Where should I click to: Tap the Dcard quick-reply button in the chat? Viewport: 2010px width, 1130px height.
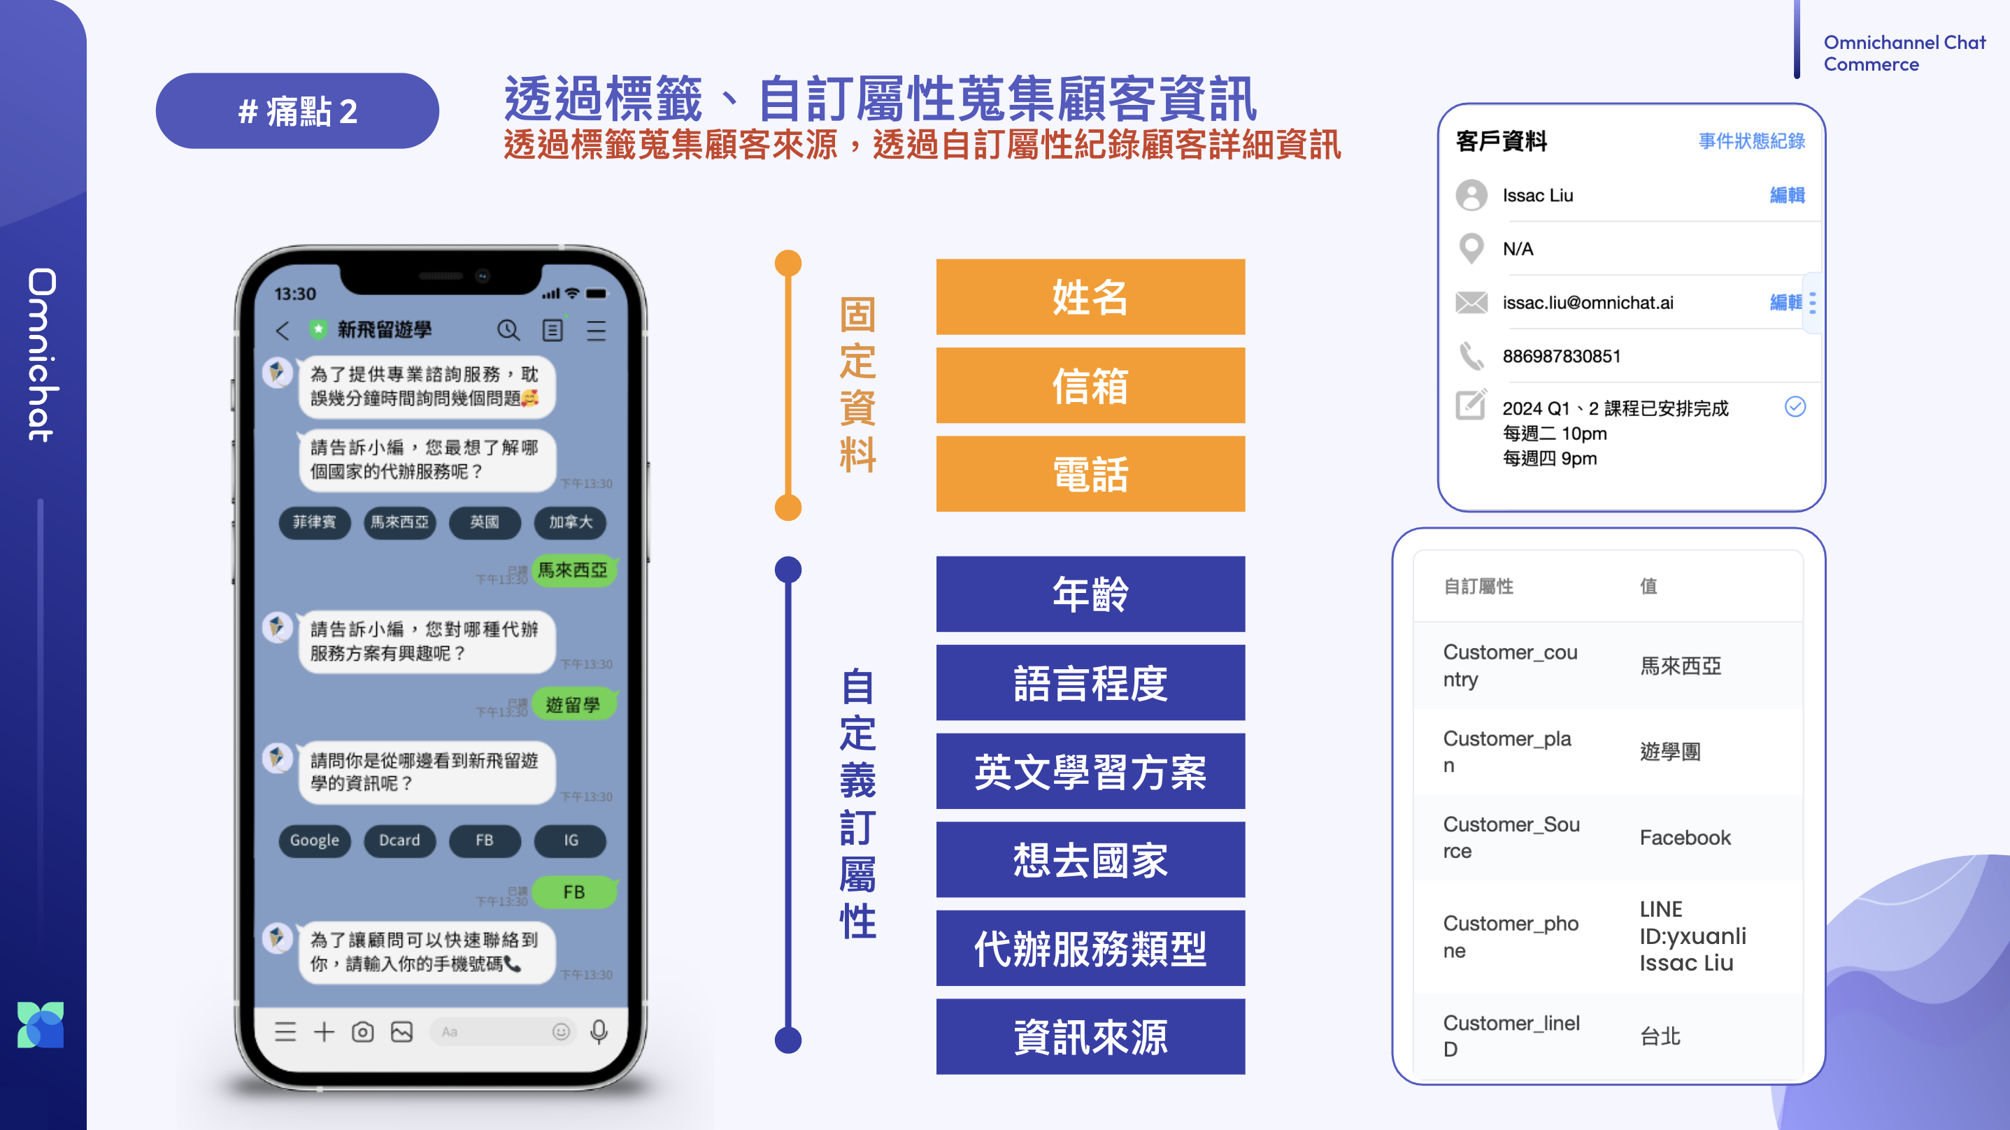[399, 841]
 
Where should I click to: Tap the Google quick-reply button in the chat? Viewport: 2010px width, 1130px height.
[315, 841]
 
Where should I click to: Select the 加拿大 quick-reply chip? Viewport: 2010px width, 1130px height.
[571, 522]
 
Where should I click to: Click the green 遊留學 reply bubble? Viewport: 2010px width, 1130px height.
[573, 705]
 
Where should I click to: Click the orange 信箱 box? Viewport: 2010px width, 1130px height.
[1090, 385]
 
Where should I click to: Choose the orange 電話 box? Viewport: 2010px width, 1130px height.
[1090, 473]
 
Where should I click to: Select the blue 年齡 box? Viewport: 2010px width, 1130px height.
[1090, 594]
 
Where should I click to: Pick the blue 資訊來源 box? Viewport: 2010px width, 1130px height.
[1090, 1036]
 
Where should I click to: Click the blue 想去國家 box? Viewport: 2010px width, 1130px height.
[1090, 859]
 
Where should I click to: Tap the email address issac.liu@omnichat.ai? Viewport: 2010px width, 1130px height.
[1588, 303]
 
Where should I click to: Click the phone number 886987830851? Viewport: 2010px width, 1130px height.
[1561, 357]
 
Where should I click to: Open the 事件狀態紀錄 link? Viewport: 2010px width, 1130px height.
[1751, 141]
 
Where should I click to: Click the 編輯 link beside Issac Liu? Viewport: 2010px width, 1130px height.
[1787, 195]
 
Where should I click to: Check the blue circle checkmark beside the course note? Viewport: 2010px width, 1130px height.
[1795, 406]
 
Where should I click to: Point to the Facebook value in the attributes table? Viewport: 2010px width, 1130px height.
[1685, 837]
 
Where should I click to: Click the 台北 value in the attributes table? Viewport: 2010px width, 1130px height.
[1660, 1036]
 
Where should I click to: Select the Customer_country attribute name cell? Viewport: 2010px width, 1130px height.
[1510, 665]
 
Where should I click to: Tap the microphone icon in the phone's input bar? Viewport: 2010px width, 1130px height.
[599, 1031]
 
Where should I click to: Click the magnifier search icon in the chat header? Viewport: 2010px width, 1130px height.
[508, 330]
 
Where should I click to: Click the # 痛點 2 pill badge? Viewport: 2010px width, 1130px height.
[297, 110]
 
